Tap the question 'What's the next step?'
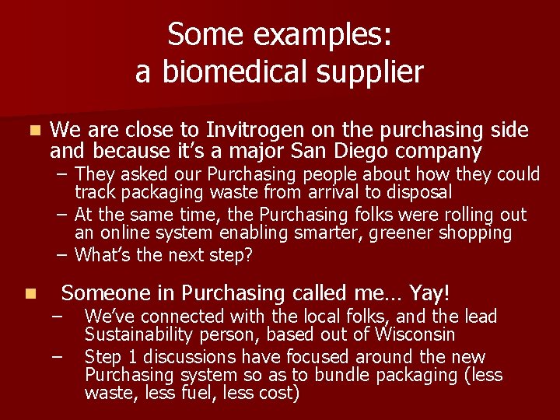click(163, 254)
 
